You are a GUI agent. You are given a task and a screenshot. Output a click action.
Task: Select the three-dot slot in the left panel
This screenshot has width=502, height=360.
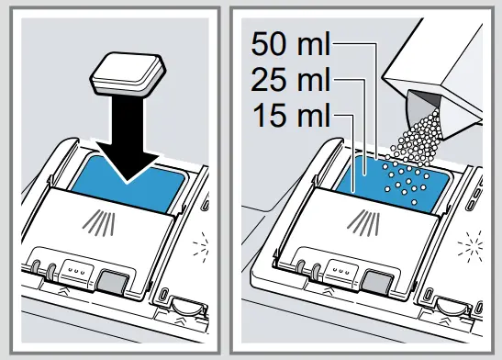72,272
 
